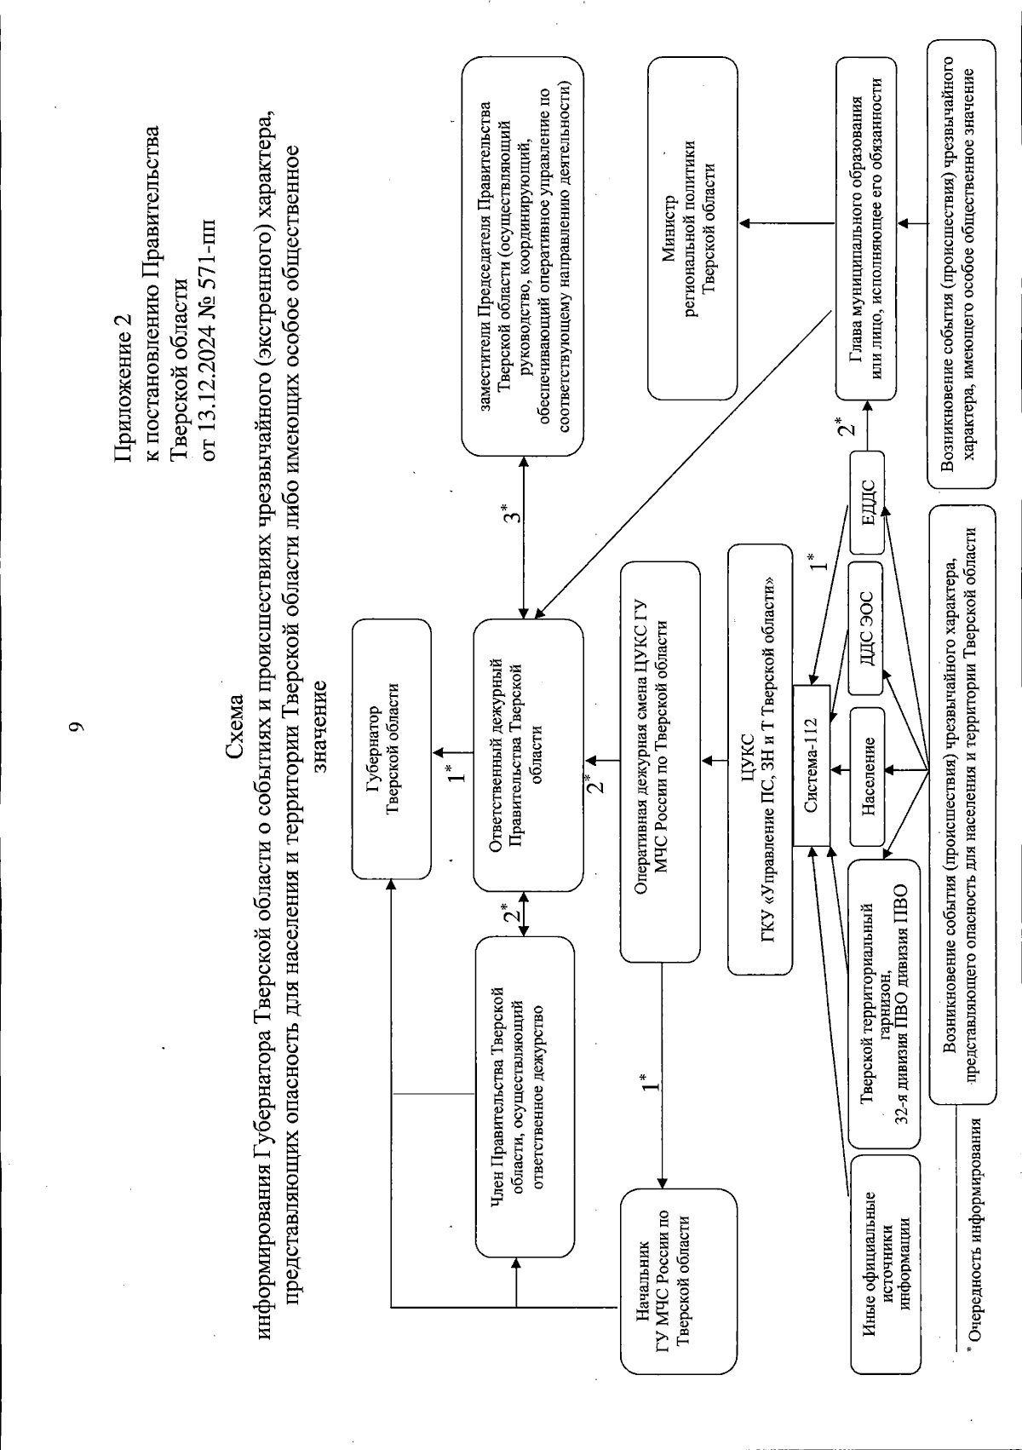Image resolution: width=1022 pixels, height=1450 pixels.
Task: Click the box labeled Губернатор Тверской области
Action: [391, 748]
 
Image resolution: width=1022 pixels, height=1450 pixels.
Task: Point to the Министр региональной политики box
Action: [692, 228]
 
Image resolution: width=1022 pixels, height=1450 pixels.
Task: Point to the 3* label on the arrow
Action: [508, 514]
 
